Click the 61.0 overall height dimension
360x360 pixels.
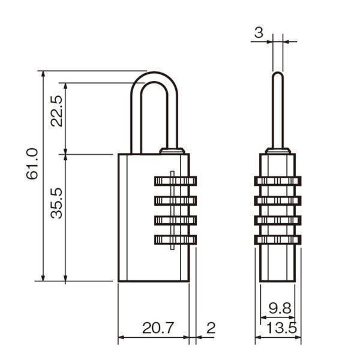coord(32,163)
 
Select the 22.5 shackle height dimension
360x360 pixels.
coord(56,111)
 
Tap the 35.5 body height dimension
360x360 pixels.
coord(56,203)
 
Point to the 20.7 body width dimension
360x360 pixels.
coord(158,328)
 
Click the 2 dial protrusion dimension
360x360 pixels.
coord(211,328)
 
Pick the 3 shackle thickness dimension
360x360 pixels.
coord(259,32)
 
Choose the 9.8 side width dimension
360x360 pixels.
coord(280,308)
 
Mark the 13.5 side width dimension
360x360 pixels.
coord(281,328)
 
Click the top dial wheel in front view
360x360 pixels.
coord(176,181)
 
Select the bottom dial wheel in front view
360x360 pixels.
coord(176,240)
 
